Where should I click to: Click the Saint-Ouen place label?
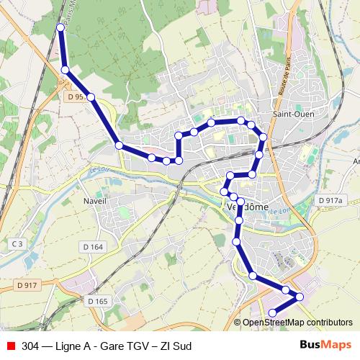pyautogui.click(x=292, y=114)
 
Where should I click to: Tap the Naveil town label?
pyautogui.click(x=95, y=201)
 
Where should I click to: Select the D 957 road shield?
pyautogui.click(x=76, y=96)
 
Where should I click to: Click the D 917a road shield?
pyautogui.click(x=331, y=199)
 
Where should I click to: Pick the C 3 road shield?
pyautogui.click(x=17, y=245)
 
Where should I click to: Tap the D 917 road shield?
pyautogui.click(x=26, y=286)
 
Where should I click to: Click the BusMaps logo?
pyautogui.click(x=329, y=346)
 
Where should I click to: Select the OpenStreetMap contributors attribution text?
pyautogui.click(x=297, y=323)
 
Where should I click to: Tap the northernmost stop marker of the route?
pyautogui.click(x=60, y=27)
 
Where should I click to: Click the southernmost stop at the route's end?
pyautogui.click(x=273, y=312)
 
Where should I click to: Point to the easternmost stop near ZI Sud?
pyautogui.click(x=300, y=297)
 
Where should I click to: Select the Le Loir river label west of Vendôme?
pyautogui.click(x=99, y=171)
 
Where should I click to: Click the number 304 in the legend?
pyautogui.click(x=30, y=346)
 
